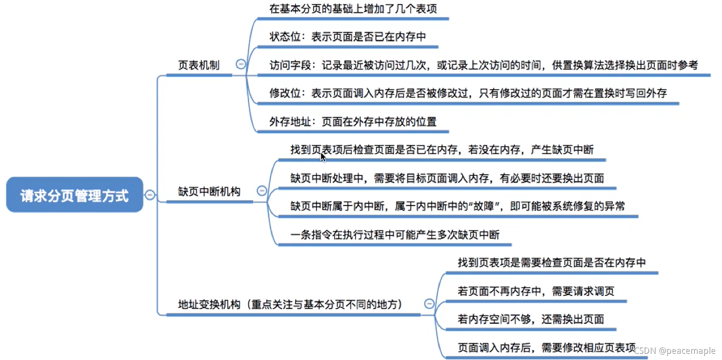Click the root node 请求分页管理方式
click(x=74, y=195)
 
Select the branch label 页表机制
click(x=199, y=65)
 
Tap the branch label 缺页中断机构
click(x=209, y=192)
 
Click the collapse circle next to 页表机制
click(x=241, y=64)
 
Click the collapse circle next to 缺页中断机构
click(x=262, y=191)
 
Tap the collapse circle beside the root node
click(x=150, y=195)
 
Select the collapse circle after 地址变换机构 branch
click(x=429, y=304)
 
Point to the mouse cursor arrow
click(x=323, y=157)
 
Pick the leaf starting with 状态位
click(x=347, y=37)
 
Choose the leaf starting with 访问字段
click(x=483, y=65)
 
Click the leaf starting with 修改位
click(x=468, y=93)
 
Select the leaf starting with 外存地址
click(x=353, y=122)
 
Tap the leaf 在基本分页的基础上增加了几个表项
click(x=353, y=9)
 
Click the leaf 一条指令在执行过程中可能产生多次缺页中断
click(x=395, y=235)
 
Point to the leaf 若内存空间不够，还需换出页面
click(x=530, y=319)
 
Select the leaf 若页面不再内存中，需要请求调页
click(x=536, y=291)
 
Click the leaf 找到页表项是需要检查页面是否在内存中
click(x=551, y=263)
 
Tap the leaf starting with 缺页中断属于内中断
click(x=457, y=206)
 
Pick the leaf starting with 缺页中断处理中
click(x=447, y=178)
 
